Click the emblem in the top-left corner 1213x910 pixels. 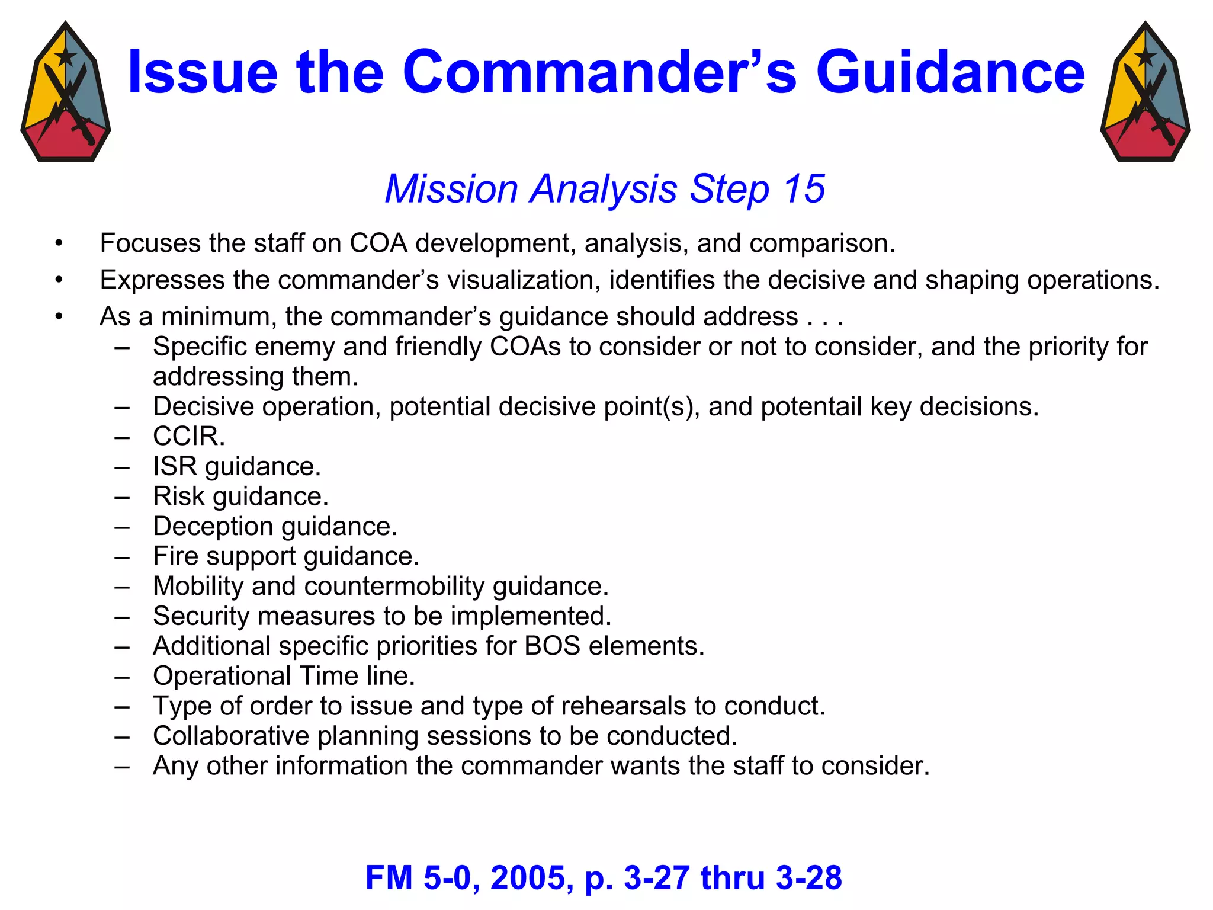[x=65, y=92]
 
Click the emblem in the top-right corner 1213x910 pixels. [x=1145, y=92]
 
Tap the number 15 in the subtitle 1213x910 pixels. [x=804, y=189]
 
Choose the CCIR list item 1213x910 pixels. [x=189, y=437]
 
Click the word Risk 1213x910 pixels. [x=178, y=496]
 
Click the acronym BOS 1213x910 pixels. [x=552, y=646]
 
